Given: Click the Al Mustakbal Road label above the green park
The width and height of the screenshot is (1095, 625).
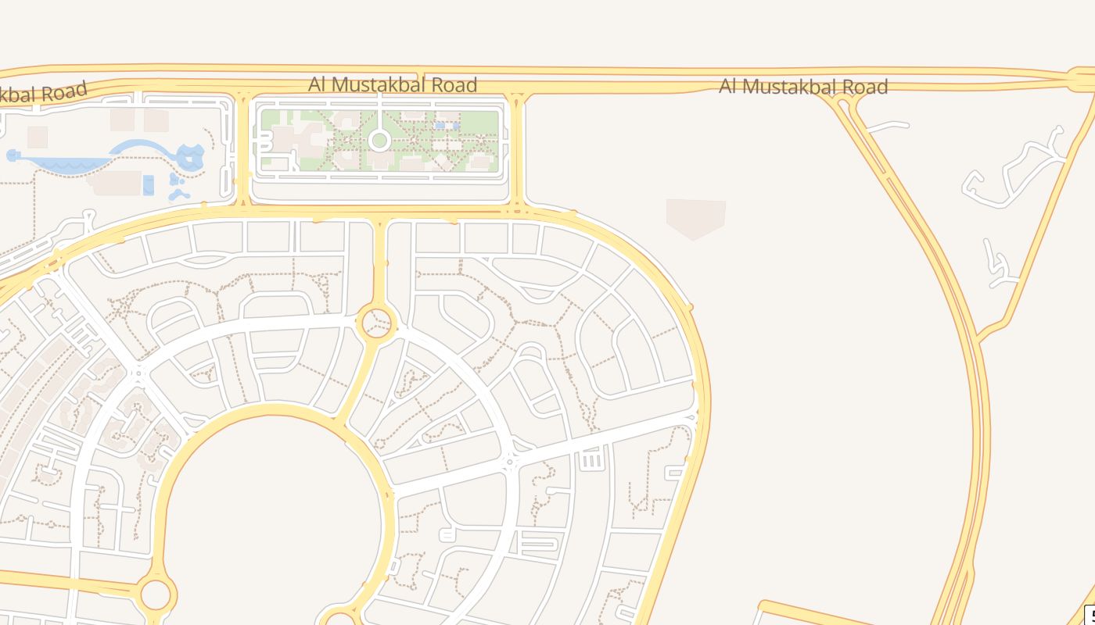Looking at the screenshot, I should click(393, 84).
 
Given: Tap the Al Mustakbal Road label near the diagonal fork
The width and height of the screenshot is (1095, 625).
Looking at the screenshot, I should click(803, 86).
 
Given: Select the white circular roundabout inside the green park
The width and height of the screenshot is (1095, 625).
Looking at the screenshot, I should click(379, 141).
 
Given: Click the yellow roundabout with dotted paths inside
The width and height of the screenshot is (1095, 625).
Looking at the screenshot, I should click(376, 322).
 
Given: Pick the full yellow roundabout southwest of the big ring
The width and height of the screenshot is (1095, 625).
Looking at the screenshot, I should click(156, 594).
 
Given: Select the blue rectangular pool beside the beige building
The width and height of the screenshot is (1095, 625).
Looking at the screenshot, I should click(149, 186).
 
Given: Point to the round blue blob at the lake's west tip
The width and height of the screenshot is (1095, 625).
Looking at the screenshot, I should click(13, 155).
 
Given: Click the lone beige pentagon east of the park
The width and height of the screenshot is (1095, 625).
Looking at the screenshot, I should click(695, 217).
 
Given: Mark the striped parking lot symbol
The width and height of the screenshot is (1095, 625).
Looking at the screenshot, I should click(592, 461).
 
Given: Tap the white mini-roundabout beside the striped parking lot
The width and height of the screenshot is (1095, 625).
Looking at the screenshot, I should click(510, 462).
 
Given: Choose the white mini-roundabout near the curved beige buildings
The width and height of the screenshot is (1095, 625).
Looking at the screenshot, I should click(140, 373).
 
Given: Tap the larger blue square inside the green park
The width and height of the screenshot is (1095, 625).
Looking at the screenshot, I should click(440, 125).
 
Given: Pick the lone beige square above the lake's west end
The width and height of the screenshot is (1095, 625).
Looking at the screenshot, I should click(38, 137).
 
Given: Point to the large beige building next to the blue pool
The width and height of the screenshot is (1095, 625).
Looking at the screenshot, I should click(117, 183).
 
